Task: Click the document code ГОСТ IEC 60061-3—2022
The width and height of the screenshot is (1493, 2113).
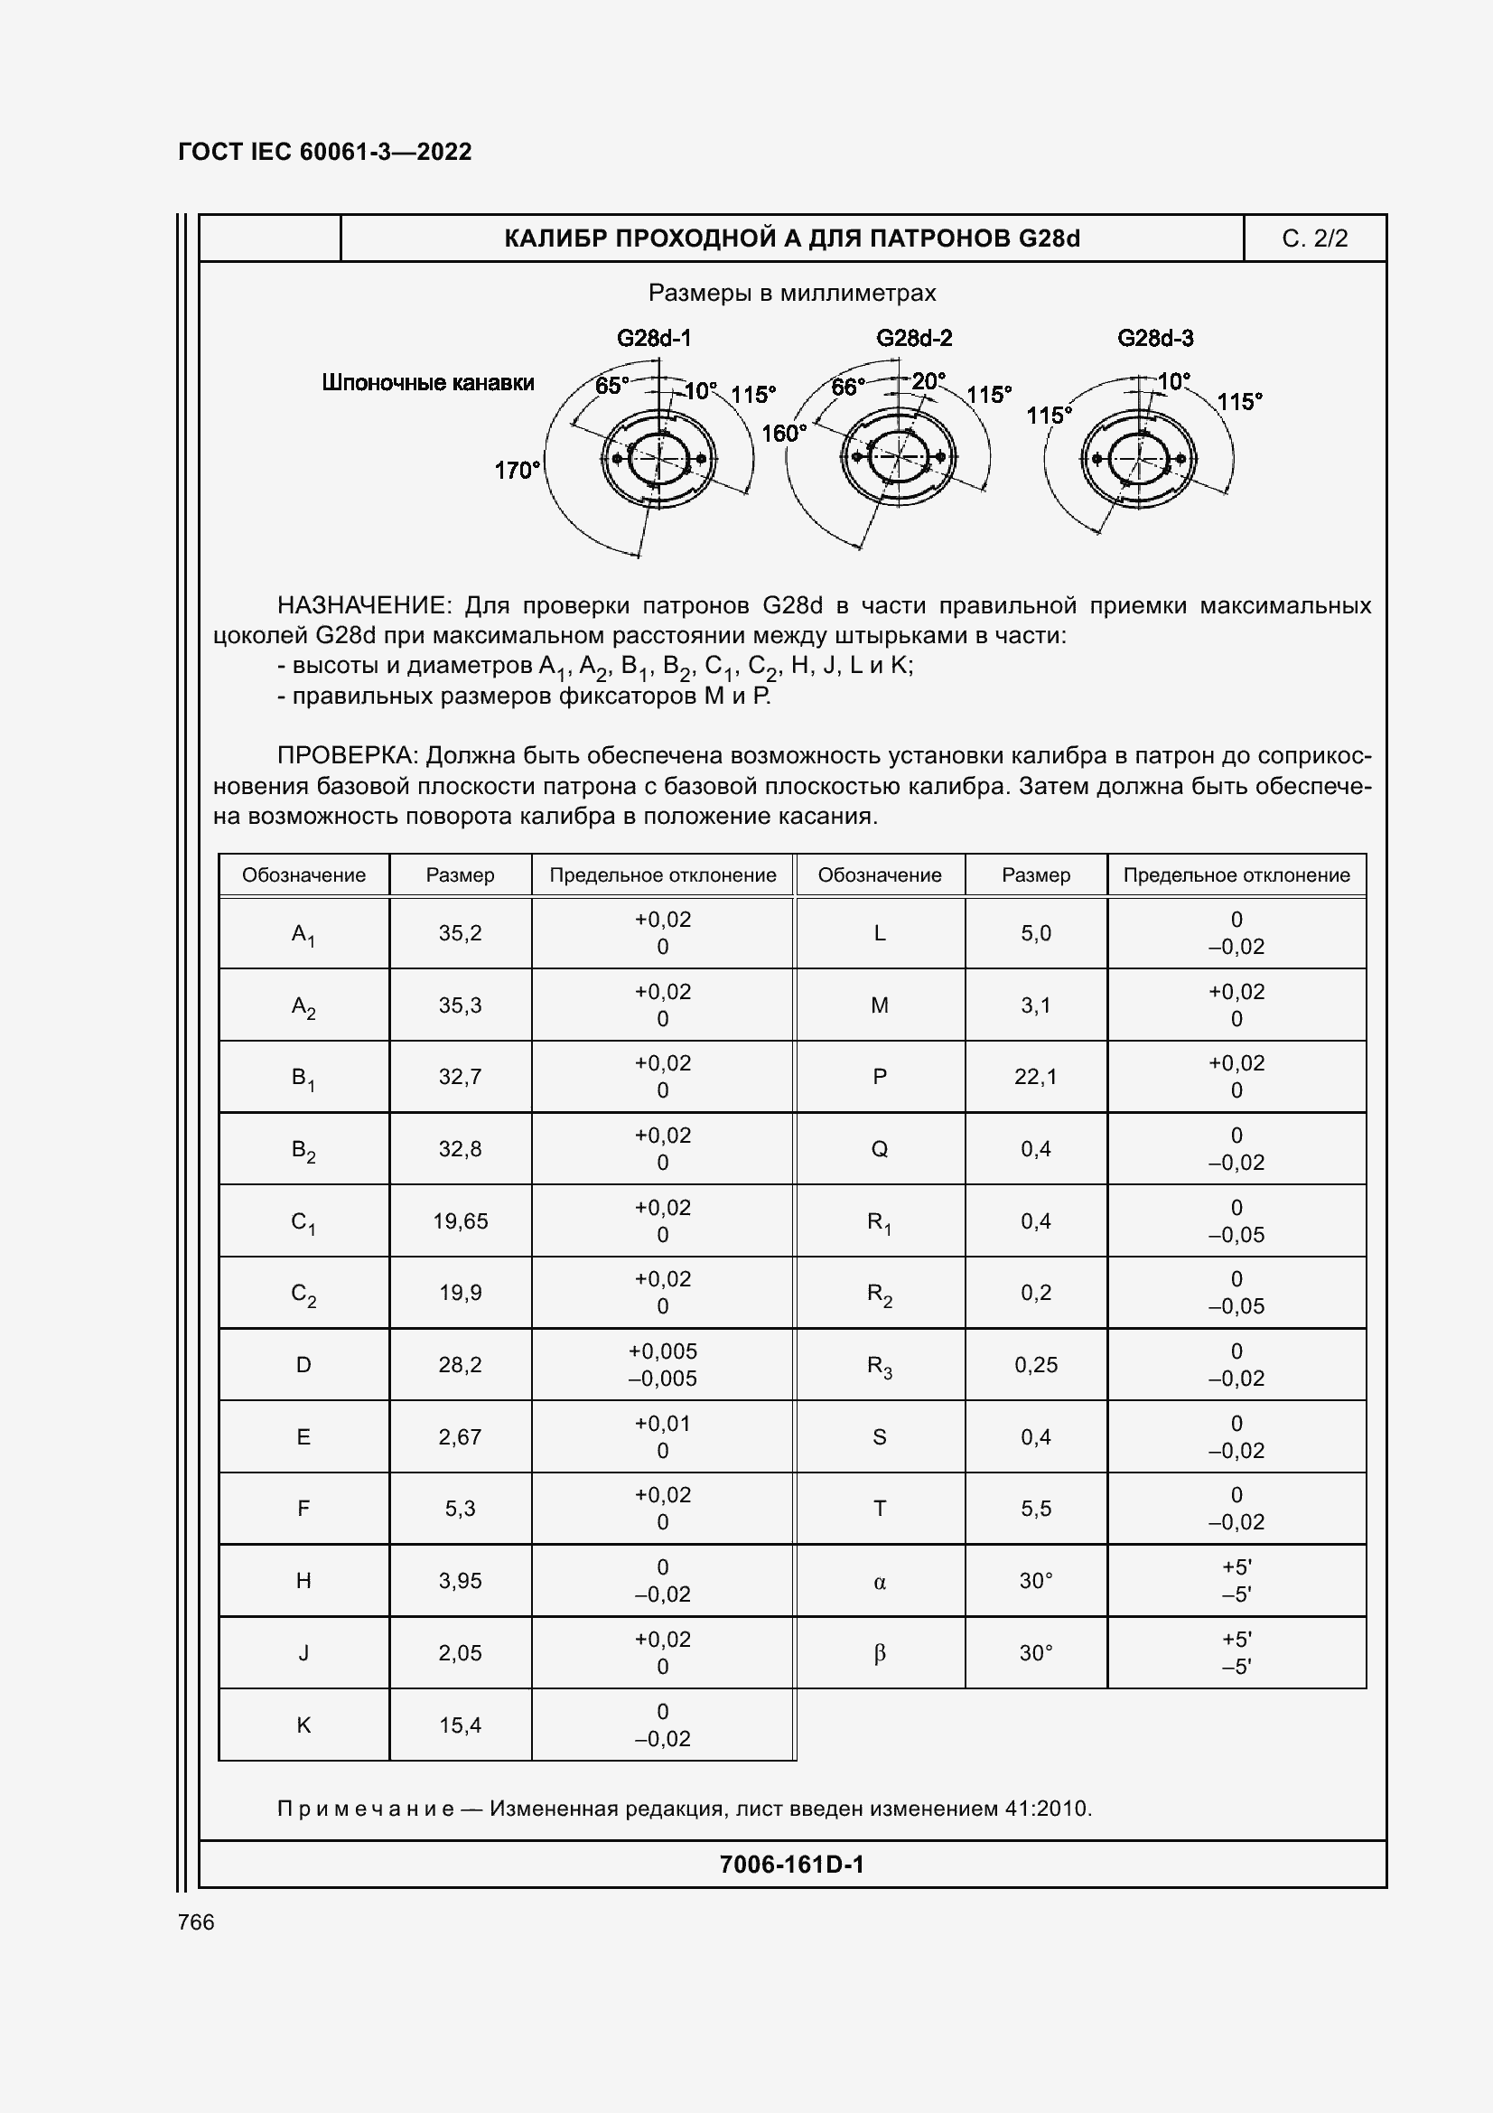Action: click(324, 152)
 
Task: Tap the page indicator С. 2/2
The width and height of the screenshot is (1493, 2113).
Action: click(1313, 239)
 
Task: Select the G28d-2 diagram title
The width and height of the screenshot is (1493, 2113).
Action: click(913, 338)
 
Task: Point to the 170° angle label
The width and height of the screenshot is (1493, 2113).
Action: click(516, 471)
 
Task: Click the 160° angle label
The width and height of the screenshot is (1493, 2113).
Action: click(783, 433)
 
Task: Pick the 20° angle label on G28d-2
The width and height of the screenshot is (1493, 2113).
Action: click(928, 381)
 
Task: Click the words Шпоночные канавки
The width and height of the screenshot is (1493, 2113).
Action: click(428, 383)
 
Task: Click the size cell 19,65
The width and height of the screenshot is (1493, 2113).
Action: click(460, 1221)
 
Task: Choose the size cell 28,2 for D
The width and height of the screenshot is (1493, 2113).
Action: click(460, 1365)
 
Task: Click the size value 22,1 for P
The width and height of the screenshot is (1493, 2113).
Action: click(1036, 1077)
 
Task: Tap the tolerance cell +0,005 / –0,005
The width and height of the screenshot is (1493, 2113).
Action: click(662, 1365)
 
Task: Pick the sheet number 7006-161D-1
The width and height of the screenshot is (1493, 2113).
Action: click(791, 1865)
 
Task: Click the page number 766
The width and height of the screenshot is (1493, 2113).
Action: click(196, 1922)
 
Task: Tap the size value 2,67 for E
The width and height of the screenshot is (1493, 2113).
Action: click(460, 1436)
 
